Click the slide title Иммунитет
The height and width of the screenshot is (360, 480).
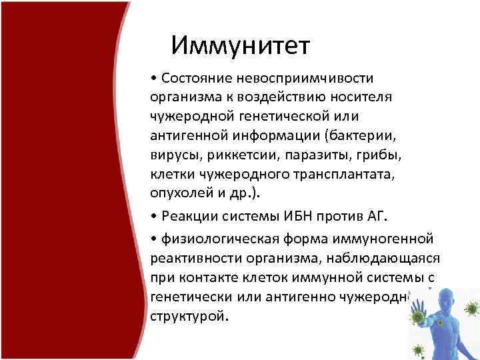click(240, 45)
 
